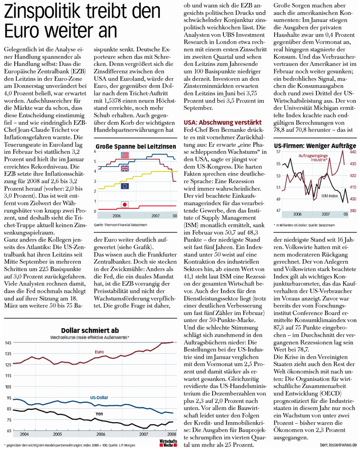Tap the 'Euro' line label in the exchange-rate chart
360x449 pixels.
click(x=100, y=351)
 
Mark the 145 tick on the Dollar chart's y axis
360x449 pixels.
click(x=8, y=343)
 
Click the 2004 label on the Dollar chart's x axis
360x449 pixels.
click(x=24, y=434)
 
